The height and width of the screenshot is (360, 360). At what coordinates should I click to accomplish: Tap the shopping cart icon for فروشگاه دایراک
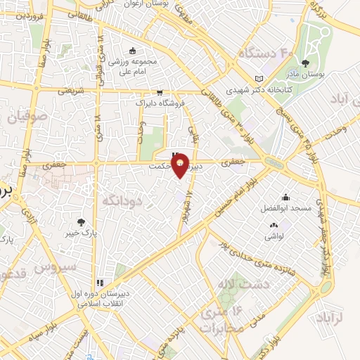[160, 91]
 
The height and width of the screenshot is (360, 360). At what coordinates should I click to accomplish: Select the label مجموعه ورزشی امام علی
[131, 65]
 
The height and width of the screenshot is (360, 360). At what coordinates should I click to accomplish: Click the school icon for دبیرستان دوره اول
[99, 283]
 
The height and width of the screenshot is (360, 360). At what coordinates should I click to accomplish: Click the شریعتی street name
[70, 91]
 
